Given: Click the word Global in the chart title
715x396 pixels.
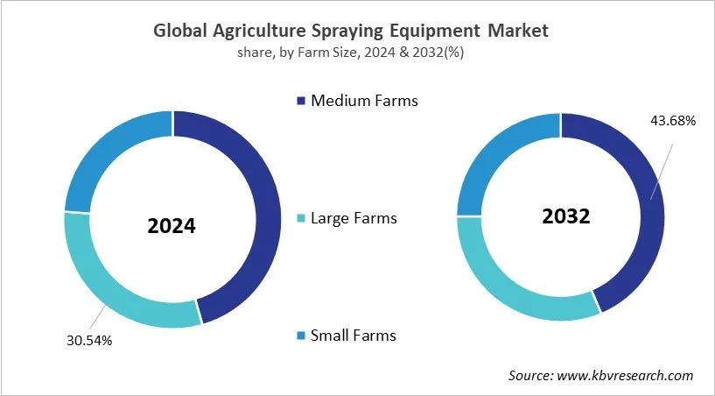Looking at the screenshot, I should coord(179,31).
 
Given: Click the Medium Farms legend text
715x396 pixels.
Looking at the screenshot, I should coord(364,101).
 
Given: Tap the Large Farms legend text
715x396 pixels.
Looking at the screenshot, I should coord(354,218).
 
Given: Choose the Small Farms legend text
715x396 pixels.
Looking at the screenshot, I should coord(354,336).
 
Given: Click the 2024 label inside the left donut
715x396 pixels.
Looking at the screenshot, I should coord(172,226).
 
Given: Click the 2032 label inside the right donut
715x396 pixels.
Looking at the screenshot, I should coord(565,216).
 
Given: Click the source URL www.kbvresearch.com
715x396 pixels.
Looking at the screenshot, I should coord(626,375).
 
